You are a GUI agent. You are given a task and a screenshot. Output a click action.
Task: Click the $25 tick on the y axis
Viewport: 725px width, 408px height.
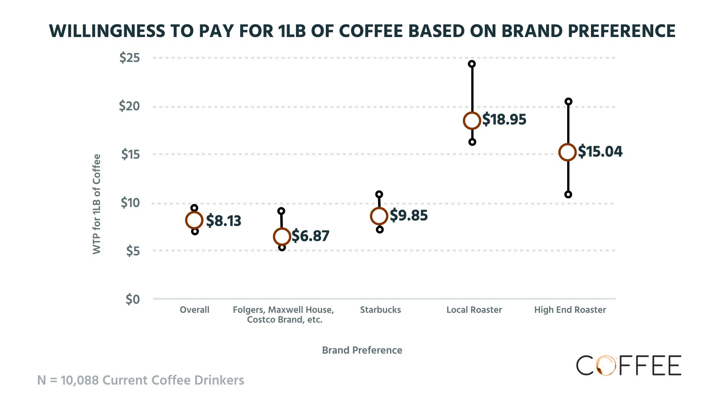[130, 58]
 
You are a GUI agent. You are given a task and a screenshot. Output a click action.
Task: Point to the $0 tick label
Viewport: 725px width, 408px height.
[133, 300]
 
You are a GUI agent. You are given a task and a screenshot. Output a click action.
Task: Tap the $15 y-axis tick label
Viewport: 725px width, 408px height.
[130, 155]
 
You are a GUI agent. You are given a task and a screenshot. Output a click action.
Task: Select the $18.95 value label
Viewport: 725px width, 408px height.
[504, 119]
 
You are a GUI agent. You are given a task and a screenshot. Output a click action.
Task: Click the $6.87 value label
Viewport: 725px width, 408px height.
[310, 236]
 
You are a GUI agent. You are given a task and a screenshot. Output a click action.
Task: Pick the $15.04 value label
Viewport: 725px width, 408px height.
[600, 151]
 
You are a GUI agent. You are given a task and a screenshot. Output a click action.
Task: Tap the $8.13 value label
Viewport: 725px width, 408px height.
[224, 221]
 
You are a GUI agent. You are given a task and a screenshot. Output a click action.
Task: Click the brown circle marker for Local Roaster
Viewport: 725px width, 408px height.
[472, 121]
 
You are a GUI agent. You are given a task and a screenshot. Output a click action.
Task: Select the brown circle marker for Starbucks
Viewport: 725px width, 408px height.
[379, 216]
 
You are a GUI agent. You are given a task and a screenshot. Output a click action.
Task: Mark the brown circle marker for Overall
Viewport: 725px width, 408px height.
[194, 220]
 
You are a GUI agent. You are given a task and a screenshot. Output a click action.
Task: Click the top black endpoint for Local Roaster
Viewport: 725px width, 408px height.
[472, 64]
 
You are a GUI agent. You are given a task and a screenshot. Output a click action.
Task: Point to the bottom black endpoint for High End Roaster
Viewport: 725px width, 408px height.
[568, 195]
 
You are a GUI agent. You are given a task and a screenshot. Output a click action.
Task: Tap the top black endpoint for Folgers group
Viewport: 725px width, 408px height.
[281, 211]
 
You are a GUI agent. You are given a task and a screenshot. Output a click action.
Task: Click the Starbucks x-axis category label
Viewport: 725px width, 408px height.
[380, 310]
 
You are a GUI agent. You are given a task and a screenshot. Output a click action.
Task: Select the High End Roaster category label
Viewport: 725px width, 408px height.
[570, 310]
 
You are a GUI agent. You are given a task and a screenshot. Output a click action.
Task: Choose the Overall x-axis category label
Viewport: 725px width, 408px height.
[194, 310]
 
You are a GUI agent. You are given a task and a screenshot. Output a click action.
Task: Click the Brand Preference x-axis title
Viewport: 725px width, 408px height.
[362, 350]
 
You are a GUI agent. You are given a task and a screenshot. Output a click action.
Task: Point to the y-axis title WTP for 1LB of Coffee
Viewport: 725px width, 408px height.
[97, 204]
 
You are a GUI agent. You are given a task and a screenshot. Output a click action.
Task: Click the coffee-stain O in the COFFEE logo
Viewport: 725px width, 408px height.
[607, 366]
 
